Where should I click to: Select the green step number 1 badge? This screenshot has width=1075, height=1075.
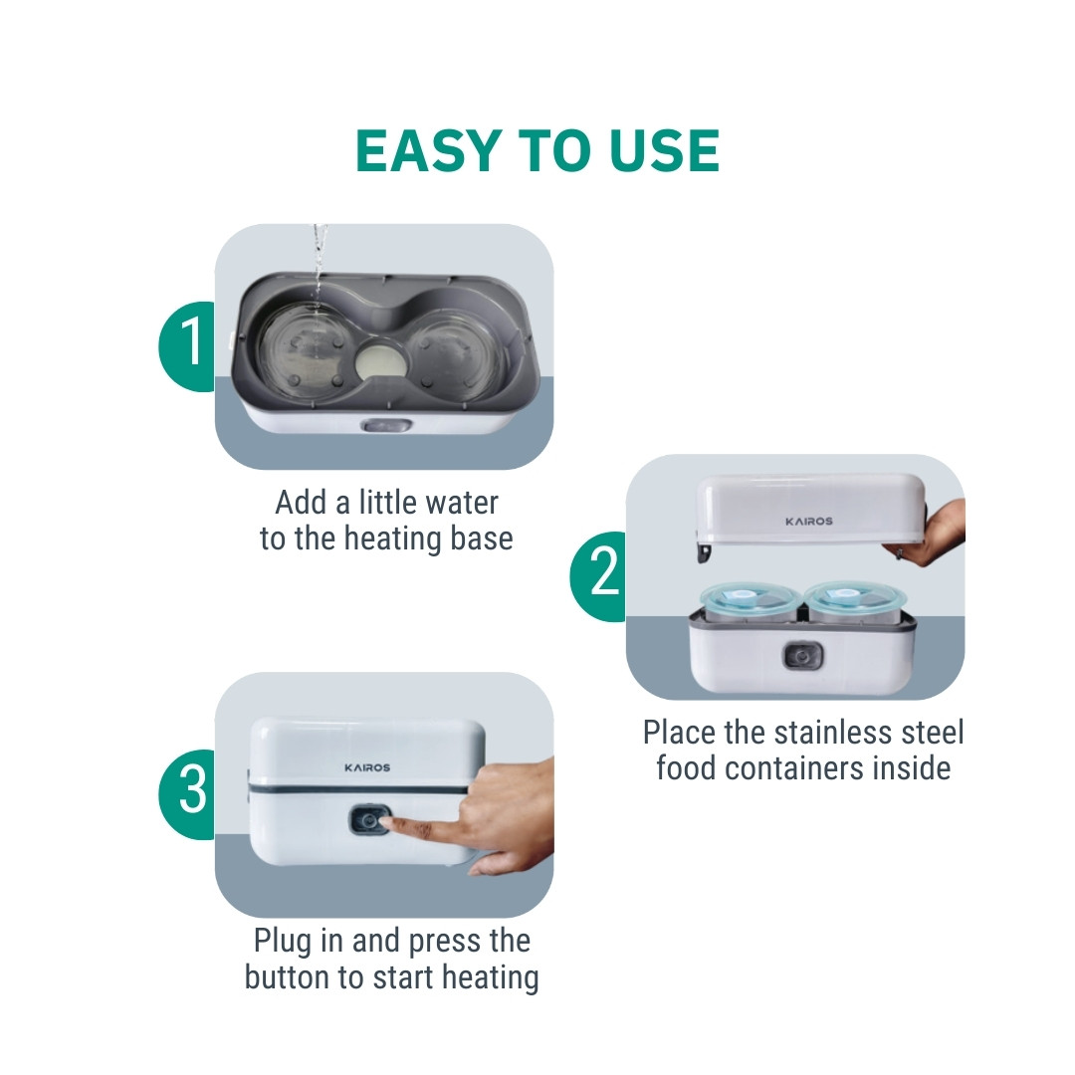click(x=186, y=346)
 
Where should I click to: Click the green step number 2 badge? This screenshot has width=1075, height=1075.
click(x=598, y=576)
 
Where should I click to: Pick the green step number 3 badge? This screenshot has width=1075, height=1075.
click(x=186, y=794)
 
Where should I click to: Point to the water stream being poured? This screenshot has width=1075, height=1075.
click(x=319, y=269)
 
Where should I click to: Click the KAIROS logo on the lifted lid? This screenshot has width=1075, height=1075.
click(x=809, y=521)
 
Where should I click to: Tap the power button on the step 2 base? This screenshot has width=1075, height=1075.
click(x=803, y=657)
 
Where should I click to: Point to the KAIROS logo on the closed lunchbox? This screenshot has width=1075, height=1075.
click(x=367, y=767)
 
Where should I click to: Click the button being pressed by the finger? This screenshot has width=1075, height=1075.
click(x=369, y=820)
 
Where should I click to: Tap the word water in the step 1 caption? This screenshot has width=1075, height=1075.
click(x=463, y=503)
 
